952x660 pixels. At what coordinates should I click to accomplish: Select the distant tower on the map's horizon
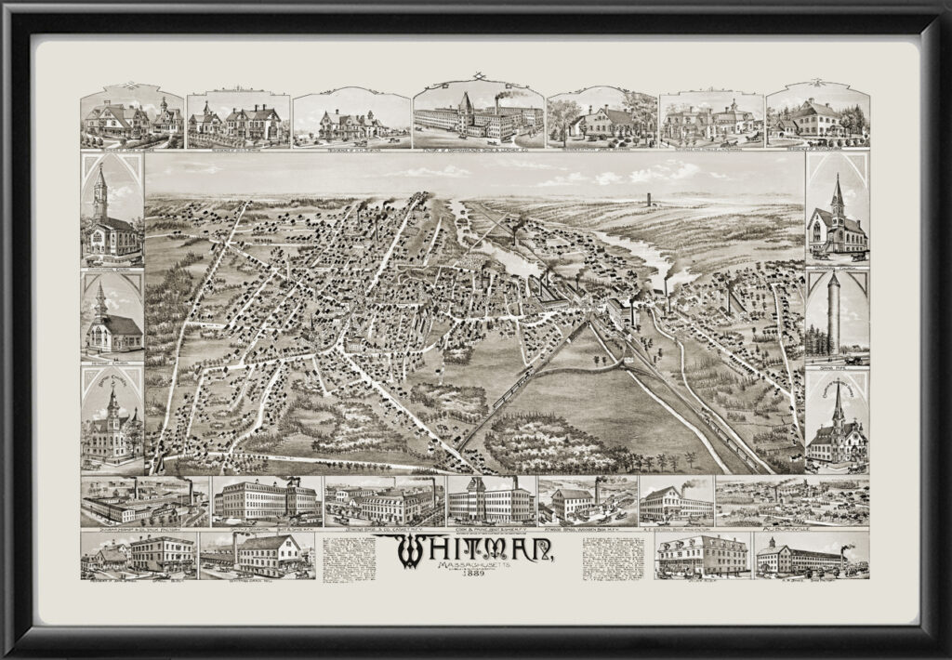pyautogui.click(x=648, y=199)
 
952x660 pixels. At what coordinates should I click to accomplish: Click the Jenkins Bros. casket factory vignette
pyautogui.click(x=383, y=502)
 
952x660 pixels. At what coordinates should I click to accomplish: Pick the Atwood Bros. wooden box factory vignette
pyautogui.click(x=586, y=502)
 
